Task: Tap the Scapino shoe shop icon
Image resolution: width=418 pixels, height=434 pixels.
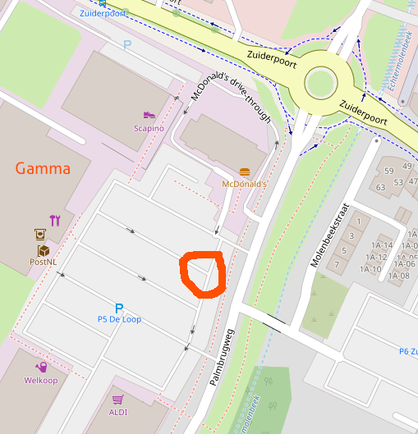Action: [149, 116]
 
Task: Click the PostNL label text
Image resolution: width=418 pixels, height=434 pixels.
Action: [43, 262]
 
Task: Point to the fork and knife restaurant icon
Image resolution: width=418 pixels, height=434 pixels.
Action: [55, 220]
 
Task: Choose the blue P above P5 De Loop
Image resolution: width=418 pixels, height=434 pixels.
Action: [119, 308]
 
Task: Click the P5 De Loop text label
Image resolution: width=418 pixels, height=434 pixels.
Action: [119, 319]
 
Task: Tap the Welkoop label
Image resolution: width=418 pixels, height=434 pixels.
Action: [40, 380]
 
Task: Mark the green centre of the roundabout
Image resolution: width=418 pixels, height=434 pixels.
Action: [320, 82]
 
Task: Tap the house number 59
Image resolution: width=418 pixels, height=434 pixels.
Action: [388, 171]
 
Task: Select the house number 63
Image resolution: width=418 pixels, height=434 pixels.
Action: [380, 187]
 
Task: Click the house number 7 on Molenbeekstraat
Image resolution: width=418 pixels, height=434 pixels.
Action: [338, 264]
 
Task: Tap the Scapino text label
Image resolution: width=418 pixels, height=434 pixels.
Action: [149, 129]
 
